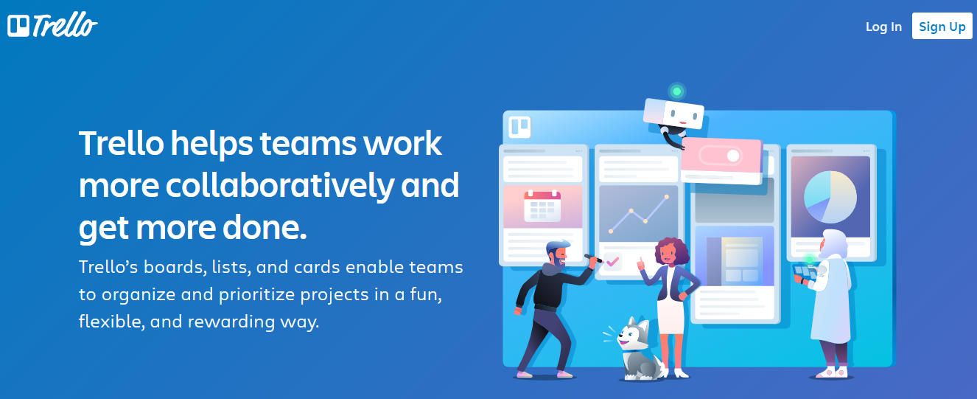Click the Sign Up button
pyautogui.click(x=942, y=27)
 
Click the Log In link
pyautogui.click(x=883, y=27)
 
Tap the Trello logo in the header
pyautogui.click(x=52, y=25)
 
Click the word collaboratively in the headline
pyautogui.click(x=279, y=186)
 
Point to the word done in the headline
pyautogui.click(x=265, y=227)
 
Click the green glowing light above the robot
pyautogui.click(x=677, y=91)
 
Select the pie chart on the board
pyautogui.click(x=830, y=197)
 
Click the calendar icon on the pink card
pyautogui.click(x=542, y=206)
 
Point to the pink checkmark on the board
pyautogui.click(x=612, y=262)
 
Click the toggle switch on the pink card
pyautogui.click(x=721, y=156)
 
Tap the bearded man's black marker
pyautogui.click(x=593, y=258)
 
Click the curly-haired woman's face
pyautogui.click(x=667, y=253)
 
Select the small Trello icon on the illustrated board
pyautogui.click(x=519, y=127)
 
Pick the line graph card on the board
pyautogui.click(x=639, y=213)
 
